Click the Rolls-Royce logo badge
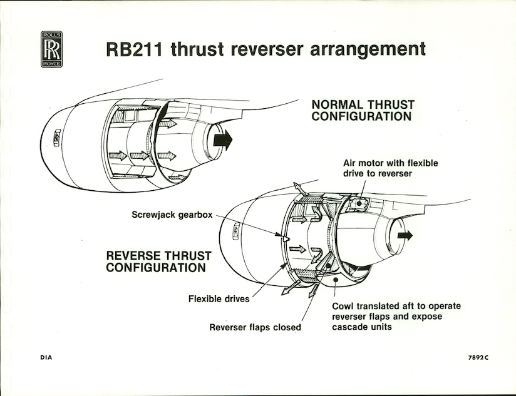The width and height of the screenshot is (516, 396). coord(51,49)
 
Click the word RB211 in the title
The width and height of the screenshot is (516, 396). coord(132,49)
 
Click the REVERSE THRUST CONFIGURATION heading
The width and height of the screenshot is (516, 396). coord(158,261)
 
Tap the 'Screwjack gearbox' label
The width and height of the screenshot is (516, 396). coord(172,215)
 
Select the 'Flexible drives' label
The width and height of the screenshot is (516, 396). coord(219,298)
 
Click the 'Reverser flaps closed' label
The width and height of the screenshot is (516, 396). coord(255,327)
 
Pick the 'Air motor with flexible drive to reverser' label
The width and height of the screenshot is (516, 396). coord(390,168)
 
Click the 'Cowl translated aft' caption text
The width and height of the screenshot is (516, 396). coord(396,317)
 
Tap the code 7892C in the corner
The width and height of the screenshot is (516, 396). coord(477,358)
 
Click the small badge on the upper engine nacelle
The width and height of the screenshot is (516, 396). coord(56,136)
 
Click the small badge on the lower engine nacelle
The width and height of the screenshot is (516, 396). coord(236,230)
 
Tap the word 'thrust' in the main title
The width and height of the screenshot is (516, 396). coord(195,49)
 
